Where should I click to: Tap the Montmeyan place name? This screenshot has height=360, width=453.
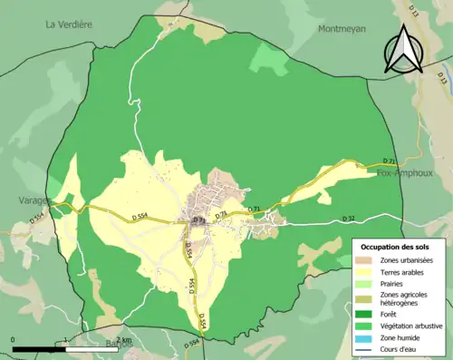click(342, 28)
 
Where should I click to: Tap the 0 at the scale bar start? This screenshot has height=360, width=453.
click(14, 339)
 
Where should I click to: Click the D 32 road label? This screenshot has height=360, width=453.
click(350, 219)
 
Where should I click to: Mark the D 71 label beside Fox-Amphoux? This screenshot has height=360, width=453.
click(390, 161)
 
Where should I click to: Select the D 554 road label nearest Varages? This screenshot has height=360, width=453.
click(36, 219)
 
